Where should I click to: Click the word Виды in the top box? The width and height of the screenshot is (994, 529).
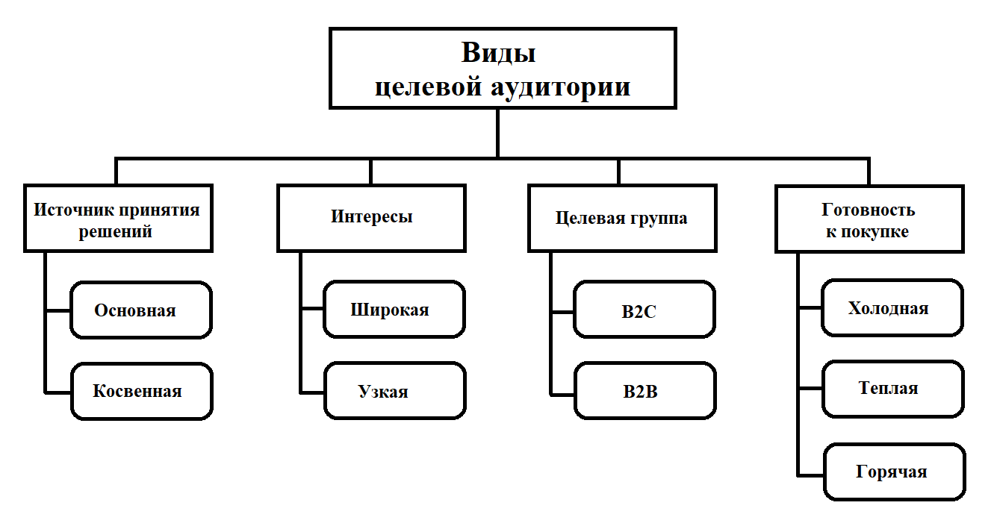pos(498,54)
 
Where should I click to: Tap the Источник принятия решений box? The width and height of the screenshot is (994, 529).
pos(117,218)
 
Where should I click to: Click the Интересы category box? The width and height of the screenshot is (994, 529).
pos(371,217)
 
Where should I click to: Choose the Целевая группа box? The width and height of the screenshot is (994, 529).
pos(621,218)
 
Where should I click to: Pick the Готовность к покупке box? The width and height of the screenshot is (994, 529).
pos(869,219)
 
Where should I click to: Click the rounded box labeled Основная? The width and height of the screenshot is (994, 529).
pos(141,310)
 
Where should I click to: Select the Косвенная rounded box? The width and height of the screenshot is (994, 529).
pos(141,391)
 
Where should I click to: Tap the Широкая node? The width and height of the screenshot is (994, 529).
pos(394,310)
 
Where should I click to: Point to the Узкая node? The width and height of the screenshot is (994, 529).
pos(394,391)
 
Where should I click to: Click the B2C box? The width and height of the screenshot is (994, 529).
pos(644,310)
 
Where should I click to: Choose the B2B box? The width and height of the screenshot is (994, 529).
pos(644,391)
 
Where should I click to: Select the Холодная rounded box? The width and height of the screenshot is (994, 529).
pos(892,308)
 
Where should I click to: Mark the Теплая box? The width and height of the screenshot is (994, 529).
pos(892,389)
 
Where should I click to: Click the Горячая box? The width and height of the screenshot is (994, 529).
pos(893,472)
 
